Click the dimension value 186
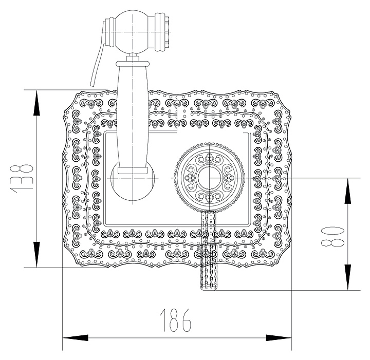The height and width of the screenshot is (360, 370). pyautogui.click(x=176, y=319)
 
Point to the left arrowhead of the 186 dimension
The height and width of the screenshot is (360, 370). pyautogui.click(x=75, y=337)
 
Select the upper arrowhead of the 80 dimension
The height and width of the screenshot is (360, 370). pyautogui.click(x=347, y=190)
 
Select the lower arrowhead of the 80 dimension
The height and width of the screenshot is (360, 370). pyautogui.click(x=347, y=277)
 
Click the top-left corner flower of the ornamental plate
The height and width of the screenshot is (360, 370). pyautogui.click(x=92, y=104)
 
